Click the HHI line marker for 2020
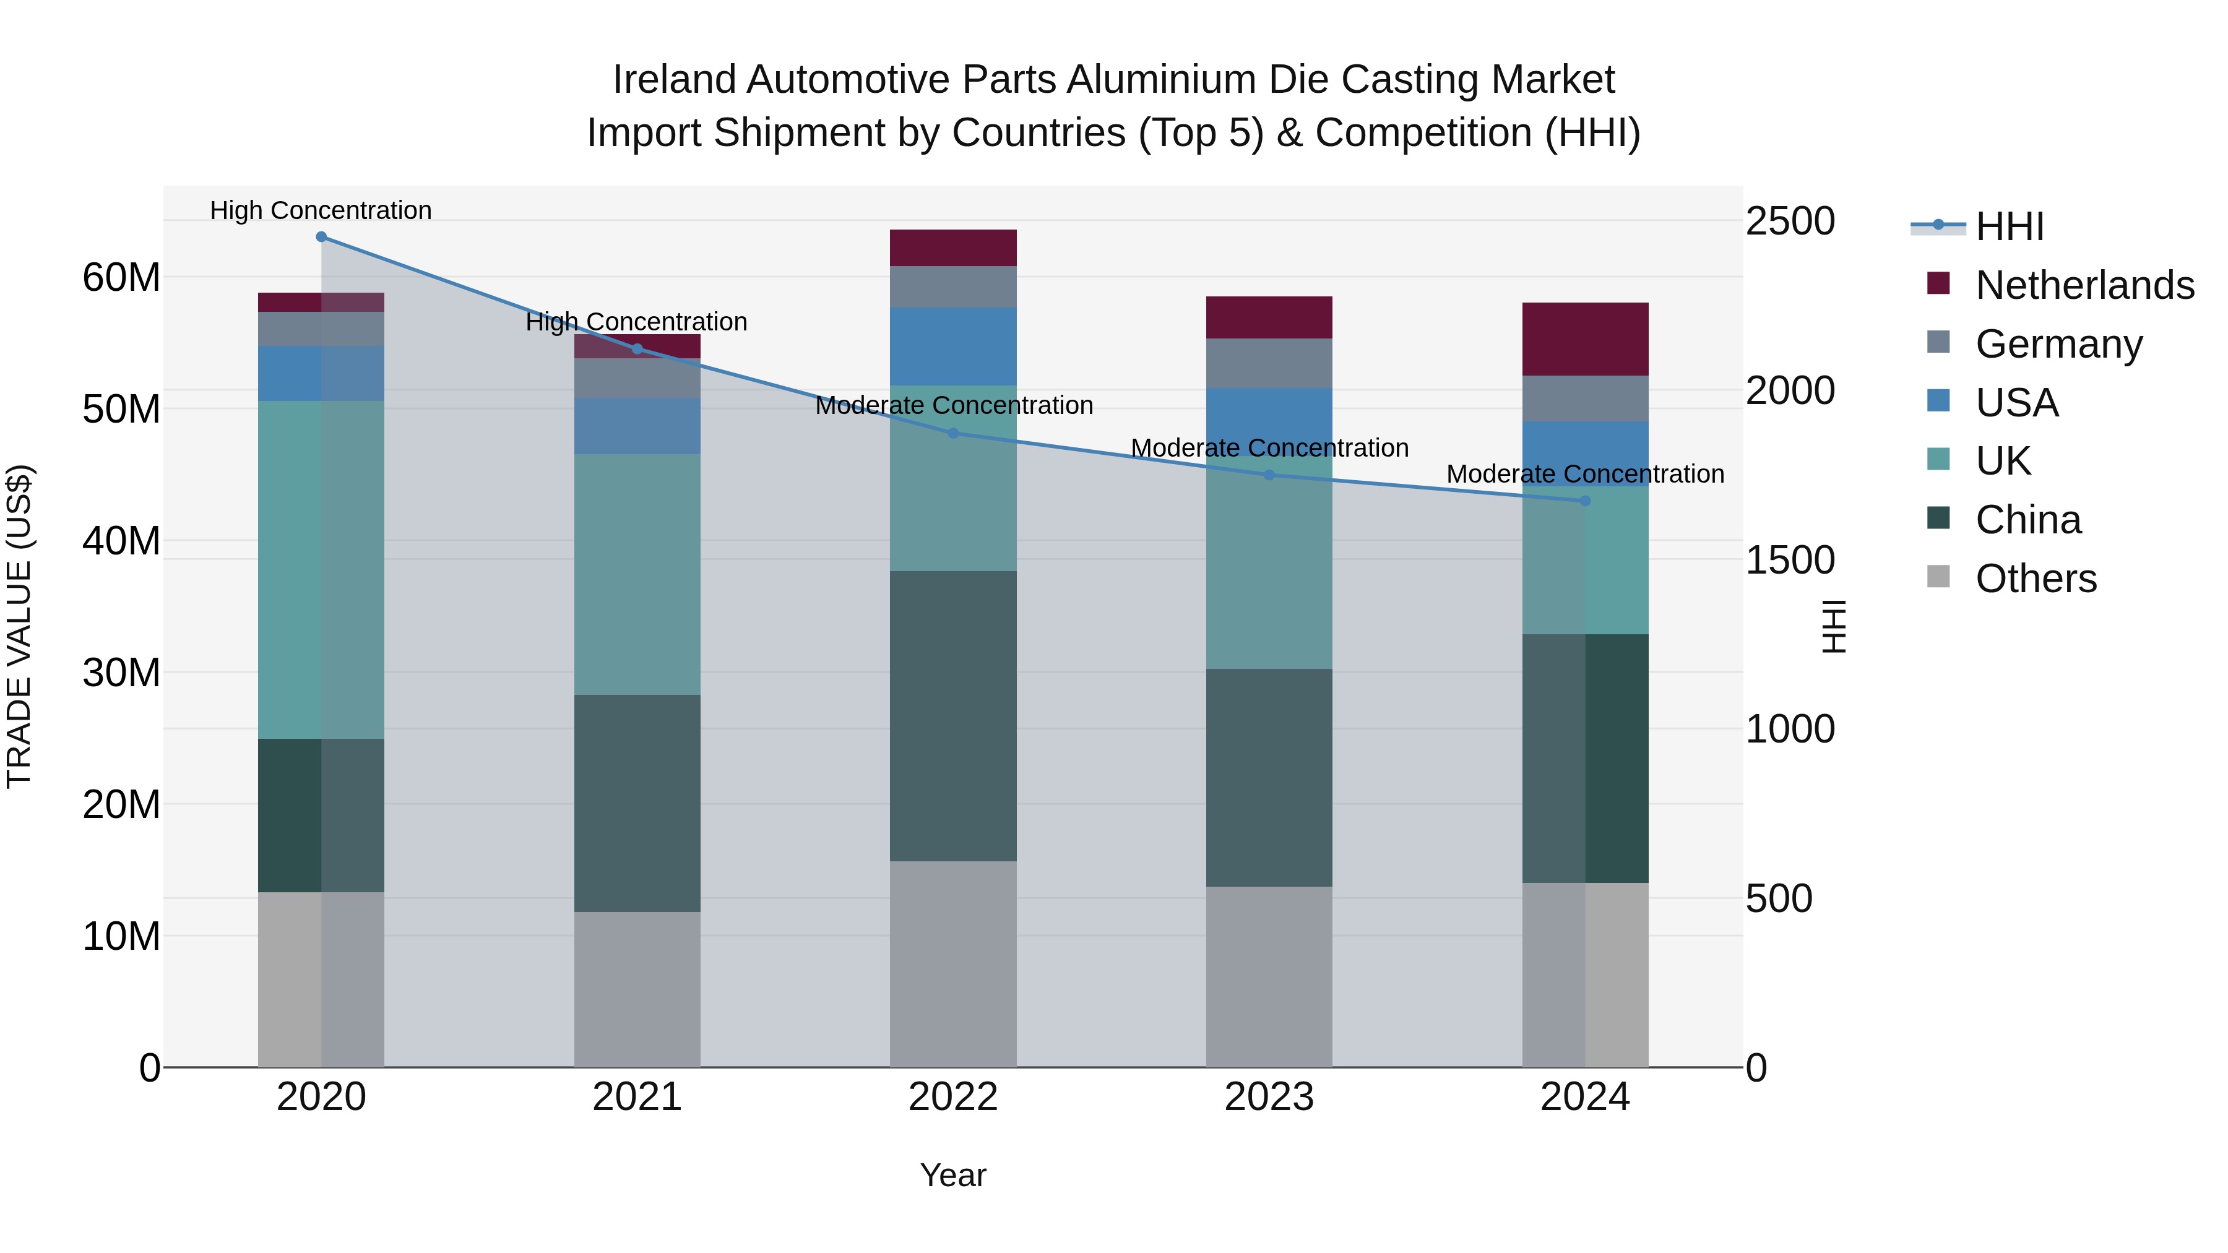[321, 237]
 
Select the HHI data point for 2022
[953, 433]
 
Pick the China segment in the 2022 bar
[953, 715]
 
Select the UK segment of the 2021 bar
[637, 574]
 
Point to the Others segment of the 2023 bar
[1269, 976]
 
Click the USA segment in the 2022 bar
[953, 346]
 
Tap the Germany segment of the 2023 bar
[1269, 363]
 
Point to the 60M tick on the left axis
[121, 278]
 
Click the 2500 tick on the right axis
[1789, 222]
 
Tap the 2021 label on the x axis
[637, 1097]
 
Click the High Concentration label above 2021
[637, 322]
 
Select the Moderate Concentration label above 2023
[1269, 448]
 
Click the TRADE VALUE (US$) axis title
[19, 626]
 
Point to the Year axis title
[952, 1175]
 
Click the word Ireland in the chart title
[675, 80]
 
